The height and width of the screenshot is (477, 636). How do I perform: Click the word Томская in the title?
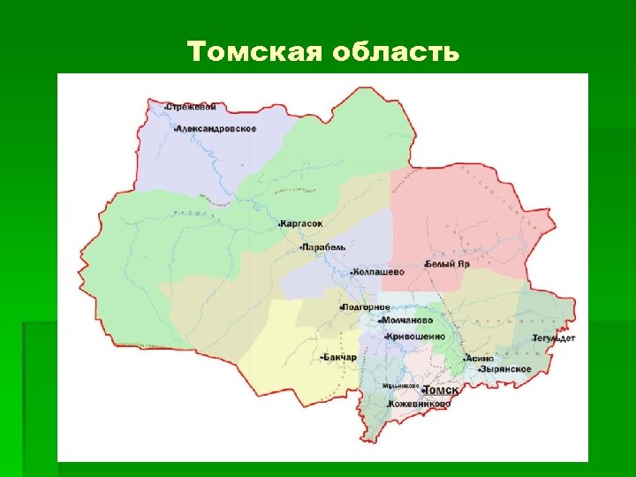[256, 52]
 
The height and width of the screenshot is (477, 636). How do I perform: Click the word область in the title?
[397, 52]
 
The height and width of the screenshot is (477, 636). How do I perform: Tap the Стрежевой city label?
[192, 107]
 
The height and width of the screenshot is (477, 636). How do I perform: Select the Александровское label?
[217, 129]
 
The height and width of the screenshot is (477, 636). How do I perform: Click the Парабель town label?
[325, 247]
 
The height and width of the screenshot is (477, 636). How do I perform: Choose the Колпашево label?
[379, 271]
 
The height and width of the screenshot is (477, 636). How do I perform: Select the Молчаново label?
[407, 321]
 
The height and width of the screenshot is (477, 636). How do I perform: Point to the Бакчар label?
[340, 357]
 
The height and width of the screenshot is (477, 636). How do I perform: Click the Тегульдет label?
[554, 337]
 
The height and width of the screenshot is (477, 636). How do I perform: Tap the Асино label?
[481, 359]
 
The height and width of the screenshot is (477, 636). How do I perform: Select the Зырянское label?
[505, 369]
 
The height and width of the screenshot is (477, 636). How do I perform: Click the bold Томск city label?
[442, 390]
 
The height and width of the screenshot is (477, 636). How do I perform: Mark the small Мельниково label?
[401, 386]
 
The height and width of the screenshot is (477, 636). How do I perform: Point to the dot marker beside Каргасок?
[279, 224]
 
